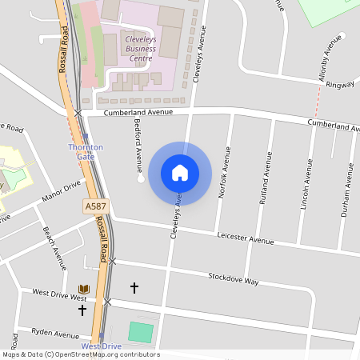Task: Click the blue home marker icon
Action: point(180,172)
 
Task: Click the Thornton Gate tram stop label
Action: point(86,151)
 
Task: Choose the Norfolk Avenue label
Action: point(227,172)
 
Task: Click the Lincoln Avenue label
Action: point(306,184)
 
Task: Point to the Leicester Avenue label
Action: point(245,238)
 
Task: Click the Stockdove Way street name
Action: point(234,281)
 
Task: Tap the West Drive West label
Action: point(58,294)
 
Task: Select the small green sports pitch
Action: point(140,331)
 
